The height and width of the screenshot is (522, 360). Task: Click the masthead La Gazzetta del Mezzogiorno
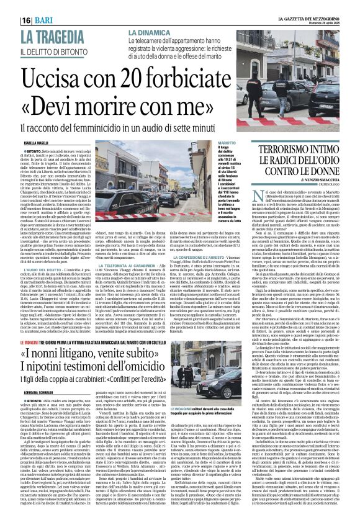[310, 6]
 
